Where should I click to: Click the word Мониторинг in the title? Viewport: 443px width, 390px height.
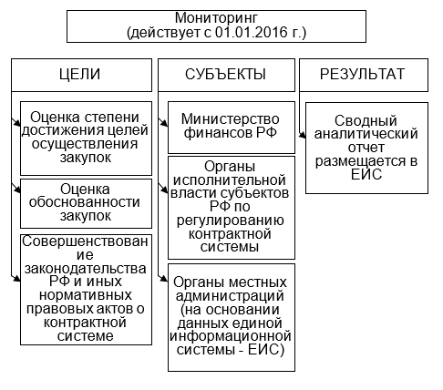(x=216, y=18)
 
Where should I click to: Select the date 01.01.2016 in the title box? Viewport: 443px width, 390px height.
(x=252, y=32)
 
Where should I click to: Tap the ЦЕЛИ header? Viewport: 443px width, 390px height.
(x=80, y=75)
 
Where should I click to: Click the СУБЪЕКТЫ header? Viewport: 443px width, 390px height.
(x=225, y=74)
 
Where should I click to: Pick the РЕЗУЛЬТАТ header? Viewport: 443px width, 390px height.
(x=363, y=74)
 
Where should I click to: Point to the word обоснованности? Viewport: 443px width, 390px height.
(x=85, y=202)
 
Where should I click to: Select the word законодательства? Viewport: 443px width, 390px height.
(x=86, y=269)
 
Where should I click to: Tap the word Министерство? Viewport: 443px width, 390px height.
(x=231, y=119)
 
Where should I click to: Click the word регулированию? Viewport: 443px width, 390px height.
(x=231, y=221)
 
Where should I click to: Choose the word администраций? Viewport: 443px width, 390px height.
(x=230, y=296)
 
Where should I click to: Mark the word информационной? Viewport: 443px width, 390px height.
(x=231, y=336)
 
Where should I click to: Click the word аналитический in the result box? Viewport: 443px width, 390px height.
(x=366, y=134)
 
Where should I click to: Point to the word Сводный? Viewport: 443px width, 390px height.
(x=366, y=120)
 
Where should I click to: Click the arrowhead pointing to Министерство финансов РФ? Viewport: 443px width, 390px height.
(x=164, y=123)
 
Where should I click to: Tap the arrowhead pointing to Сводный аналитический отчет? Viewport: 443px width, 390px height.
(x=302, y=136)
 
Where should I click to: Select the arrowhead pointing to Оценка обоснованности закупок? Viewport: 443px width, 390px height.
(x=17, y=190)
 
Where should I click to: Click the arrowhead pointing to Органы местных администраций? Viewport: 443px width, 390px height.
(x=164, y=278)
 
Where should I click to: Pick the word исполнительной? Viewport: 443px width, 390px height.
(x=230, y=180)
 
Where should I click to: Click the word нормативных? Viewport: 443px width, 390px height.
(x=86, y=295)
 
